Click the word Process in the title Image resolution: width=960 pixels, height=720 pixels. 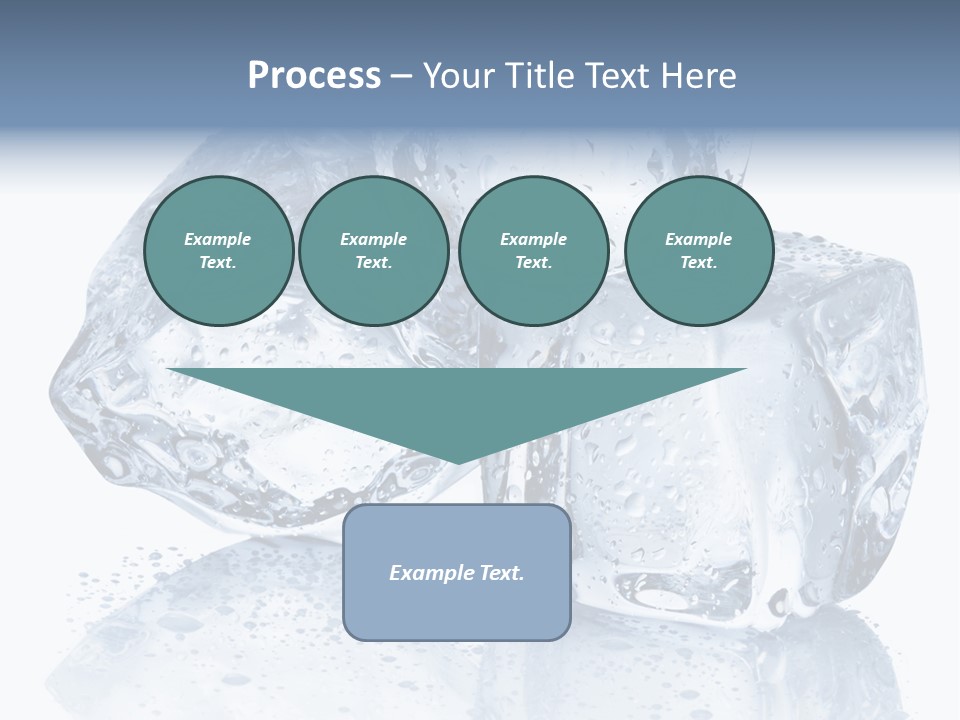click(x=314, y=76)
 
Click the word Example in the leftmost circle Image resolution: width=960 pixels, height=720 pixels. click(x=218, y=239)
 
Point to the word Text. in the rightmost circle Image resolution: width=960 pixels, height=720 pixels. click(x=699, y=263)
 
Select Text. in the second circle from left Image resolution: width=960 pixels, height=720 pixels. click(x=374, y=263)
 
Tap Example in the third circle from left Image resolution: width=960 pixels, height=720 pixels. click(x=534, y=239)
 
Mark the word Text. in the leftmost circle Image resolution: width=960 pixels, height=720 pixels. click(x=218, y=263)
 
